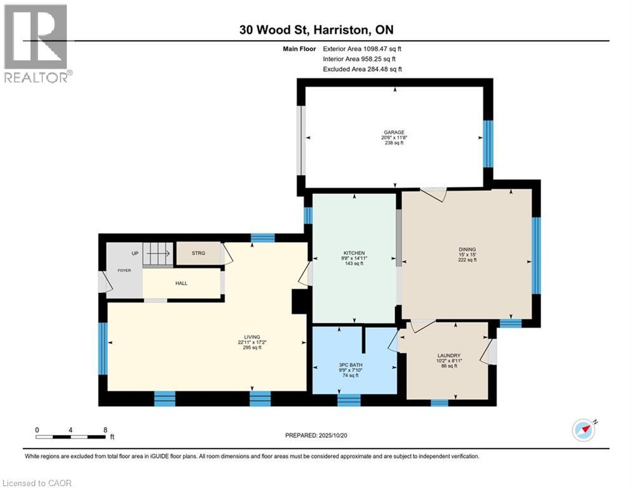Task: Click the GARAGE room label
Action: (x=393, y=133)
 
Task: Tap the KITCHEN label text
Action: (x=353, y=253)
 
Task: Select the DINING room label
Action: (x=467, y=250)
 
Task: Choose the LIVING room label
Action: (x=252, y=337)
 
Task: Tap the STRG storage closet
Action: (x=199, y=254)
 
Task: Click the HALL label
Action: (x=182, y=283)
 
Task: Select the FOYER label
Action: (x=124, y=270)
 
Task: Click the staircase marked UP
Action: (x=156, y=254)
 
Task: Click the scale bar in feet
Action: (x=71, y=436)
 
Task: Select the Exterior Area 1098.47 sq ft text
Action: (x=362, y=48)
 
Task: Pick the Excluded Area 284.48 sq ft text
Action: (x=362, y=69)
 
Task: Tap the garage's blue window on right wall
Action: (x=488, y=144)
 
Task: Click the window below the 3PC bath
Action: (x=349, y=400)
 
